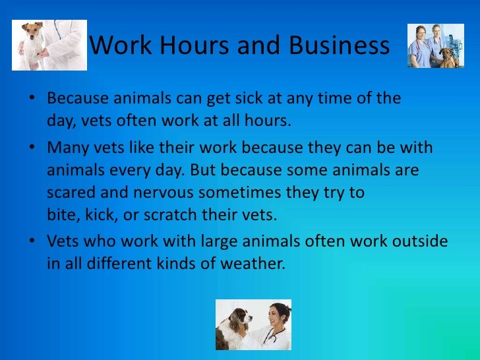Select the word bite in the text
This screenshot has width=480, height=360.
(x=60, y=216)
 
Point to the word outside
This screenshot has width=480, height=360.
(x=419, y=241)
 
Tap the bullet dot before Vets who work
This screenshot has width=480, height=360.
(x=33, y=243)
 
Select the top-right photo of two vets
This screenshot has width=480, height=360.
(x=435, y=45)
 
